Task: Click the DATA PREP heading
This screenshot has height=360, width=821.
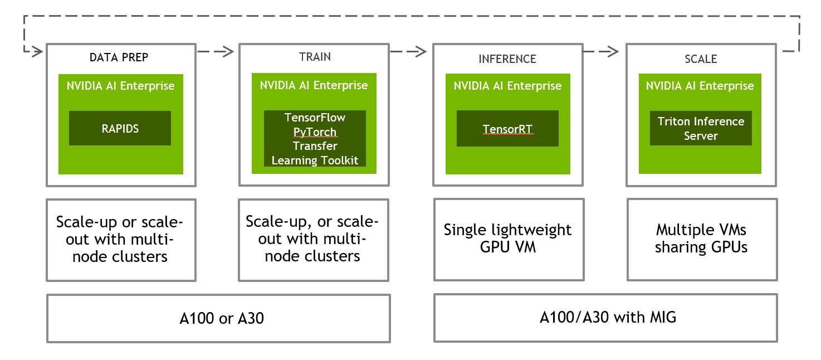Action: tap(119, 57)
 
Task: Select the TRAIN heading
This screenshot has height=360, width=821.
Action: tap(315, 57)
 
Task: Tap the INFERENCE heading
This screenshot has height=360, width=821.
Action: tap(507, 59)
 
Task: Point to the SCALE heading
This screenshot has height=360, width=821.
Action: tap(701, 59)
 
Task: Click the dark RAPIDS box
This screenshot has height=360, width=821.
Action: tap(120, 128)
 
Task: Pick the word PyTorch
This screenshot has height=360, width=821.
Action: tap(315, 132)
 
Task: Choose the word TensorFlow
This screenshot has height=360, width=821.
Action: tap(315, 118)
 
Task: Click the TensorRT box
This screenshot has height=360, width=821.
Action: tap(507, 128)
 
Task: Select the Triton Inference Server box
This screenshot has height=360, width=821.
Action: tap(701, 128)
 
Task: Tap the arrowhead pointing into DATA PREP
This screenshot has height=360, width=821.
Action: tap(38, 51)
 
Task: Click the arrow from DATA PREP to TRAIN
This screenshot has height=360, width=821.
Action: tap(216, 52)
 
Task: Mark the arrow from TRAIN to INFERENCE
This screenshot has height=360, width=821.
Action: tap(408, 52)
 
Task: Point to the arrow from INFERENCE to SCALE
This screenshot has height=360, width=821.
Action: tap(601, 52)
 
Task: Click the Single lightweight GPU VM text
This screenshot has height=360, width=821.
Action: tap(507, 239)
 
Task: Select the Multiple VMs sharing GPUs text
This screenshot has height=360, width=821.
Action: tap(701, 239)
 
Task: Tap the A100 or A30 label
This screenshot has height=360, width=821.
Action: tap(222, 318)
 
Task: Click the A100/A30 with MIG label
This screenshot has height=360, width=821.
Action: tap(608, 317)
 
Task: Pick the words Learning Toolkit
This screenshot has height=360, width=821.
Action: tap(315, 160)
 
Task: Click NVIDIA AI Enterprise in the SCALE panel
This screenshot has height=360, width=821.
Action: tap(700, 86)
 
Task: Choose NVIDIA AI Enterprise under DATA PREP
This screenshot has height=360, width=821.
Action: tap(120, 86)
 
